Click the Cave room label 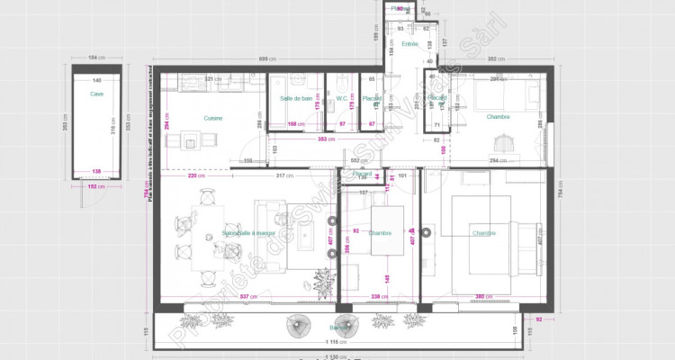96,93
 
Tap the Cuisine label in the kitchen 213,118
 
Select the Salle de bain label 295,98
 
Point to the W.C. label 342,98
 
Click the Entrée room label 409,43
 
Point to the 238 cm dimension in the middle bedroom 379,295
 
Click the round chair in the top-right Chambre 504,141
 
